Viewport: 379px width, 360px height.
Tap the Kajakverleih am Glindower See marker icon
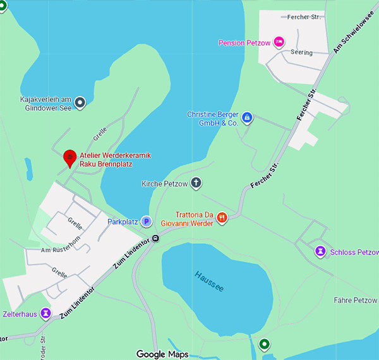click(x=80, y=102)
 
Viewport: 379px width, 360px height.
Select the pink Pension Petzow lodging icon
click(x=279, y=42)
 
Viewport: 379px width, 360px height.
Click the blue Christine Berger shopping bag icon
click(x=248, y=117)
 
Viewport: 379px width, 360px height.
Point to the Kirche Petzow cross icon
click(x=196, y=183)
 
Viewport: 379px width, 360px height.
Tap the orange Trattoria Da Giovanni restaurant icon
click(x=222, y=218)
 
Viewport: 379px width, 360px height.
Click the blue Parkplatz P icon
click(x=146, y=221)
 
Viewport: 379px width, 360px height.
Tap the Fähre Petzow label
click(x=355, y=300)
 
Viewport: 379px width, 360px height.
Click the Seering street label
click(x=301, y=52)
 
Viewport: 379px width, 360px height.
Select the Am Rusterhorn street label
click(x=58, y=250)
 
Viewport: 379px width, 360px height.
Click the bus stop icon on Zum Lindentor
click(x=155, y=239)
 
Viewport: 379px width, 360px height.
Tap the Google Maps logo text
click(x=162, y=354)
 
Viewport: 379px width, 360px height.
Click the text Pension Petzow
click(x=243, y=43)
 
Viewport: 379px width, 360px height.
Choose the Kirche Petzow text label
click(x=165, y=184)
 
